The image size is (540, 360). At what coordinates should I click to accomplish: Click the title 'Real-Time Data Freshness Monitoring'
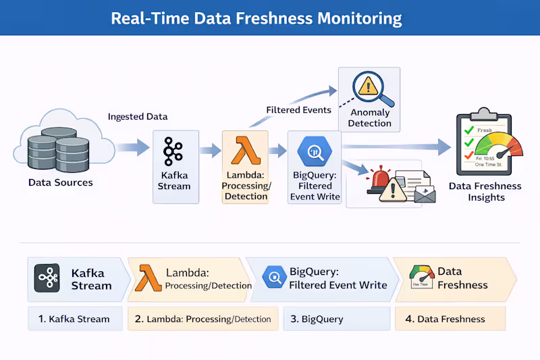point(256,18)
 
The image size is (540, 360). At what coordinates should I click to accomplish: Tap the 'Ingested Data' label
point(138,117)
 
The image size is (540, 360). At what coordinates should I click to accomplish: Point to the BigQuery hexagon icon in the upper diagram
point(314,152)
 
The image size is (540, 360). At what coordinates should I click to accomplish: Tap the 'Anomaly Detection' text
point(370,118)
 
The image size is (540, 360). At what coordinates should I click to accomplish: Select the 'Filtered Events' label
point(298,109)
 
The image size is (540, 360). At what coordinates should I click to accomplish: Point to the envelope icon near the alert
point(425,195)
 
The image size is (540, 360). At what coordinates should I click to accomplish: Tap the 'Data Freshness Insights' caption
point(485,191)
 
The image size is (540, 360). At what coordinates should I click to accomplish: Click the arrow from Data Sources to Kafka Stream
point(132,148)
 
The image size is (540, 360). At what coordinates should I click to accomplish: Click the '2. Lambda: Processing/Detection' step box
point(202,319)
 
